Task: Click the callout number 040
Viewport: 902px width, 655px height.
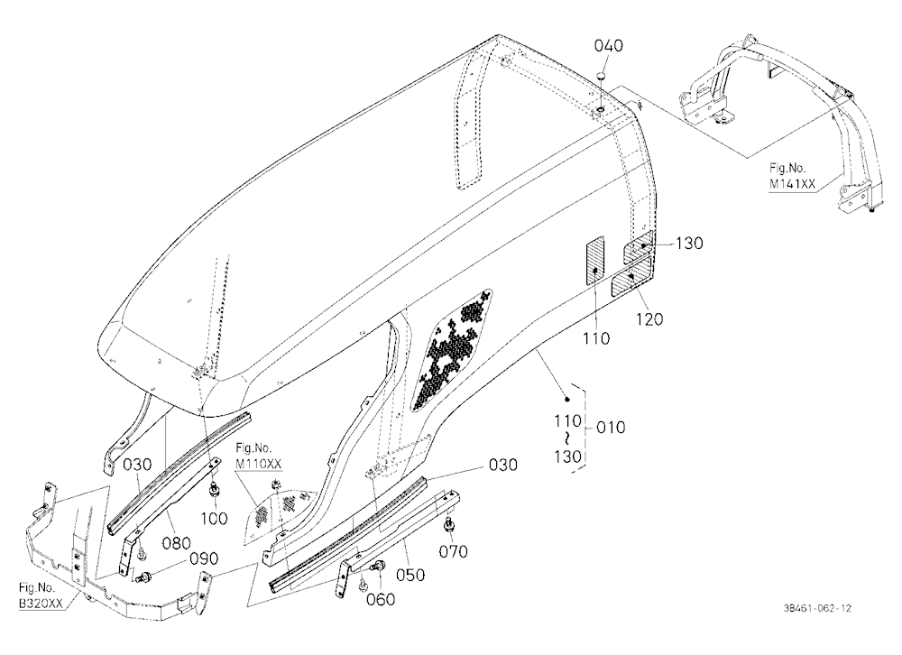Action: point(608,45)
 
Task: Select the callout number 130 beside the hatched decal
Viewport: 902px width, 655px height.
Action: point(689,244)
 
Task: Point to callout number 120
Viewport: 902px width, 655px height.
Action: point(649,318)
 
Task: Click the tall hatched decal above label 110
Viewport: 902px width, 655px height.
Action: point(595,260)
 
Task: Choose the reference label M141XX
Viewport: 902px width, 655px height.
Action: point(792,184)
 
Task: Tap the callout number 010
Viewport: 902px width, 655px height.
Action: point(611,428)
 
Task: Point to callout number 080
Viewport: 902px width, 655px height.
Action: point(176,543)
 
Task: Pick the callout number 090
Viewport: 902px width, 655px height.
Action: point(204,558)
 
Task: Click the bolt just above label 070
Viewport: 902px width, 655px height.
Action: point(448,523)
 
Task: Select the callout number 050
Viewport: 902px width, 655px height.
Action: point(410,575)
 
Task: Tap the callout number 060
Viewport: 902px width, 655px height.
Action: point(381,600)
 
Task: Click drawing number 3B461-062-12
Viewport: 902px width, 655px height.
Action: point(817,608)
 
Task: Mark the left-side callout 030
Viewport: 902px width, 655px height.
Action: point(137,465)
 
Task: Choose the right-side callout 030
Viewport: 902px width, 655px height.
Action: point(502,465)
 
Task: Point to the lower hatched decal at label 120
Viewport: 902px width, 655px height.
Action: point(631,277)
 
